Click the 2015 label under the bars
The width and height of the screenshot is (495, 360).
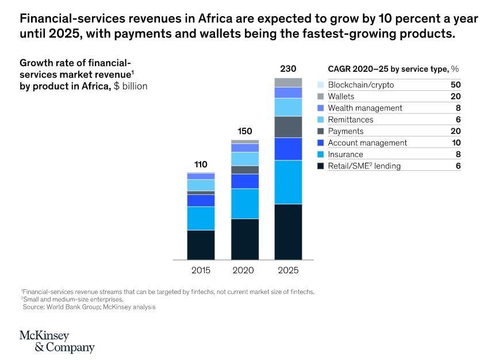point(201,270)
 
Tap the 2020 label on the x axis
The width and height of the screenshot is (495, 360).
point(244,270)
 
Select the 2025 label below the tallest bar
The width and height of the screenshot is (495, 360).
point(288,270)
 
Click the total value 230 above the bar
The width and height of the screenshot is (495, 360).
point(288,69)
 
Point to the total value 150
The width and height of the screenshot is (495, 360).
point(245,131)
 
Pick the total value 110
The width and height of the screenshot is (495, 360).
point(201,164)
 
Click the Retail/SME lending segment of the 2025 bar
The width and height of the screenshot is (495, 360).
point(288,231)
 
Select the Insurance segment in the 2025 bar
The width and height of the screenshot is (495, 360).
point(288,182)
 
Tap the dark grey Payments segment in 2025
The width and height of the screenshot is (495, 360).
point(288,127)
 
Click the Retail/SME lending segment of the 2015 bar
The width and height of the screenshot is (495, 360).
point(201,244)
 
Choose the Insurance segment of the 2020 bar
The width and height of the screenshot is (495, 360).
point(244,204)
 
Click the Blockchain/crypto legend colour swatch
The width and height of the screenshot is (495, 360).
point(321,85)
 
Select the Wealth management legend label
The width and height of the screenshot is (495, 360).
point(365,108)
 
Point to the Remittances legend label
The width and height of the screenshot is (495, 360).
point(350,120)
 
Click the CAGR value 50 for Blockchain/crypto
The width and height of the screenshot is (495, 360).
point(456,85)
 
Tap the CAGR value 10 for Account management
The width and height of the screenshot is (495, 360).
point(456,143)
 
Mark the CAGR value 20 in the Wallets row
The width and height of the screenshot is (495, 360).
point(456,97)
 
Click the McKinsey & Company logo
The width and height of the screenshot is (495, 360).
point(56,342)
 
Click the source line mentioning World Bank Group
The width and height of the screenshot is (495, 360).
point(93,307)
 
